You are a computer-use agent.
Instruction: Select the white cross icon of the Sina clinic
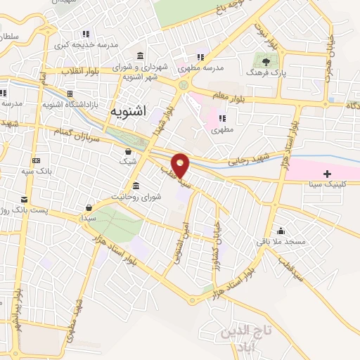pyautogui.click(x=328, y=174)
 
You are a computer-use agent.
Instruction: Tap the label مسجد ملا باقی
pyautogui.click(x=283, y=242)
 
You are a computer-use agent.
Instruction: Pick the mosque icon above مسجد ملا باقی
pyautogui.click(x=281, y=231)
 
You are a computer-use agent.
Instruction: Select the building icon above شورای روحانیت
pyautogui.click(x=135, y=186)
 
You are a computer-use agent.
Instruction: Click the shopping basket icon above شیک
pyautogui.click(x=128, y=151)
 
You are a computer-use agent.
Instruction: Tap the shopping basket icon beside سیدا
pyautogui.click(x=89, y=207)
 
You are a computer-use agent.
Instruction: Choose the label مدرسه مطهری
pyautogui.click(x=203, y=69)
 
